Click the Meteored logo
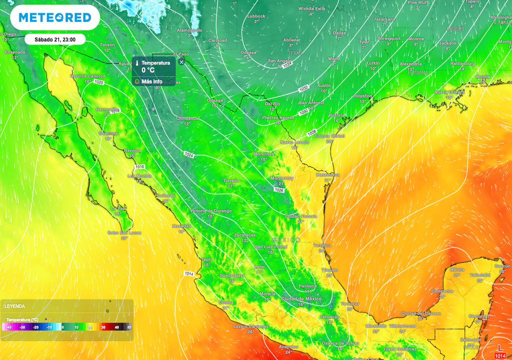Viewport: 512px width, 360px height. [x=55, y=18]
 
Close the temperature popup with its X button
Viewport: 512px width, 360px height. [x=181, y=61]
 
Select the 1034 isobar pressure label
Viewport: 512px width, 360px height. [x=286, y=65]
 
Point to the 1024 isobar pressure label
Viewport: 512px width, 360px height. [x=188, y=154]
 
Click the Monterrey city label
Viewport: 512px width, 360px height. [x=282, y=178]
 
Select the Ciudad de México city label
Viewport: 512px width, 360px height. [x=300, y=298]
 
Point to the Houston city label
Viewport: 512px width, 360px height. [x=363, y=95]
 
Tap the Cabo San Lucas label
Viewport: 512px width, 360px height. [x=124, y=232]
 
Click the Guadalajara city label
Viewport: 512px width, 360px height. [x=231, y=275]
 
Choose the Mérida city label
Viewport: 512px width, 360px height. [x=456, y=269]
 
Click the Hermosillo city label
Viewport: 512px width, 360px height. [x=107, y=109]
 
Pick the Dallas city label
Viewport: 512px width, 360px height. [x=339, y=33]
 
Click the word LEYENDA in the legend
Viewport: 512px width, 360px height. [x=15, y=306]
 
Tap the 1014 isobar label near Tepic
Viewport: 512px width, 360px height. [x=188, y=273]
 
